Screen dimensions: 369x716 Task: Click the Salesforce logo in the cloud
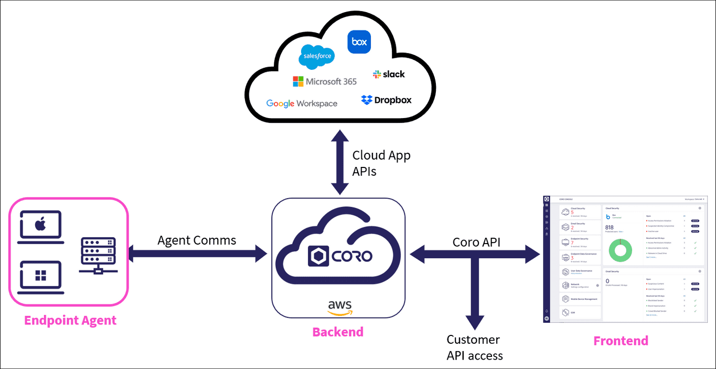click(316, 57)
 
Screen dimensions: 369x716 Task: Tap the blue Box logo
click(359, 42)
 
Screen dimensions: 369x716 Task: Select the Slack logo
click(389, 75)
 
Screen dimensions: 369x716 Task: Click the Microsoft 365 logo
click(325, 81)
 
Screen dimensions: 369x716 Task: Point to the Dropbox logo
click(386, 100)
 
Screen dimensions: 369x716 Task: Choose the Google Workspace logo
click(302, 103)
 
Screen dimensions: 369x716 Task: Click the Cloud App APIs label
click(381, 163)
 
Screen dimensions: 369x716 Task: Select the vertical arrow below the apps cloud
click(339, 163)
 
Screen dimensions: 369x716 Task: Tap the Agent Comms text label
click(197, 240)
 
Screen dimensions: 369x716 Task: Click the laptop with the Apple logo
click(41, 227)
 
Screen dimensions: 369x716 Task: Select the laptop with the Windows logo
click(41, 277)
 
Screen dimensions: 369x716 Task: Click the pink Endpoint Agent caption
click(70, 320)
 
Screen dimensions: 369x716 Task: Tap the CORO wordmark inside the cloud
click(340, 256)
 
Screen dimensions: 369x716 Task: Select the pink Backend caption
click(338, 332)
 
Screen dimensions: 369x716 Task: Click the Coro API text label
click(476, 242)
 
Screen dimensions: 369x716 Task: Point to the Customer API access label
click(475, 347)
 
